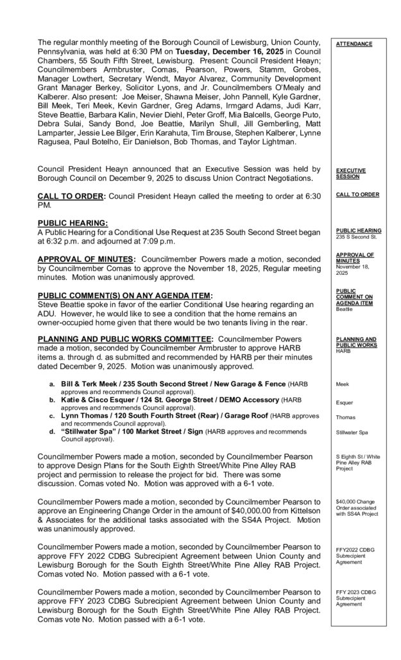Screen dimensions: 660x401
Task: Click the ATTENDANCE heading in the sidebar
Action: pyautogui.click(x=354, y=44)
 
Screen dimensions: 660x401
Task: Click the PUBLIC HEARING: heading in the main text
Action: pyautogui.click(x=73, y=222)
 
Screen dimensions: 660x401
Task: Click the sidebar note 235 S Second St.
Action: pyautogui.click(x=358, y=236)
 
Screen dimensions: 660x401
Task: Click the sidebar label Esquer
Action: pyautogui.click(x=345, y=403)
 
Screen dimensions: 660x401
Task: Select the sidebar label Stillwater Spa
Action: pyautogui.click(x=352, y=433)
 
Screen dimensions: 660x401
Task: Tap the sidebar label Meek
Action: pyautogui.click(x=343, y=384)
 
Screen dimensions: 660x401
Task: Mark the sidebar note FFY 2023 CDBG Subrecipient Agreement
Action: pyautogui.click(x=355, y=597)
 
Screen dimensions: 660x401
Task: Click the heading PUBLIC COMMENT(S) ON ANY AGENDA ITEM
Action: pyautogui.click(x=124, y=295)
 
